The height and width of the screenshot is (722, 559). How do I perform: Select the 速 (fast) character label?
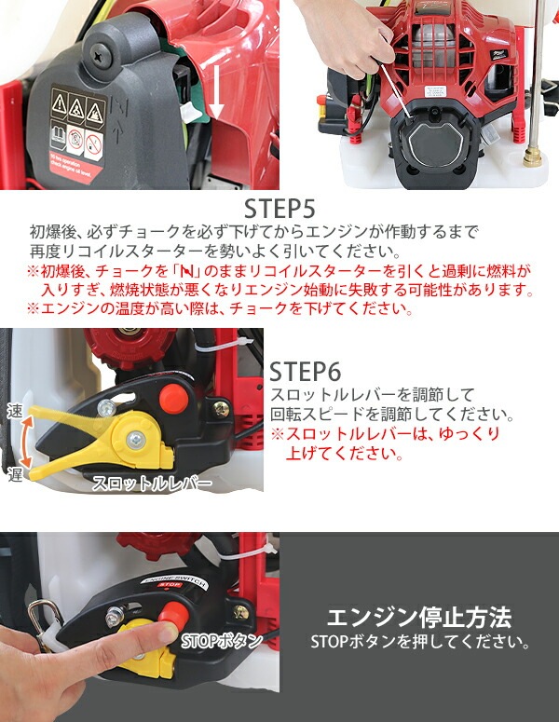tap(13, 411)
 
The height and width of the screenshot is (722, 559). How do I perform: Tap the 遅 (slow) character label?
tap(13, 472)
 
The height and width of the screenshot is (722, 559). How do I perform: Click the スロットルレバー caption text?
tap(151, 484)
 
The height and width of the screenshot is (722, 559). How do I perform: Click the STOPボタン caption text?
tap(221, 641)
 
